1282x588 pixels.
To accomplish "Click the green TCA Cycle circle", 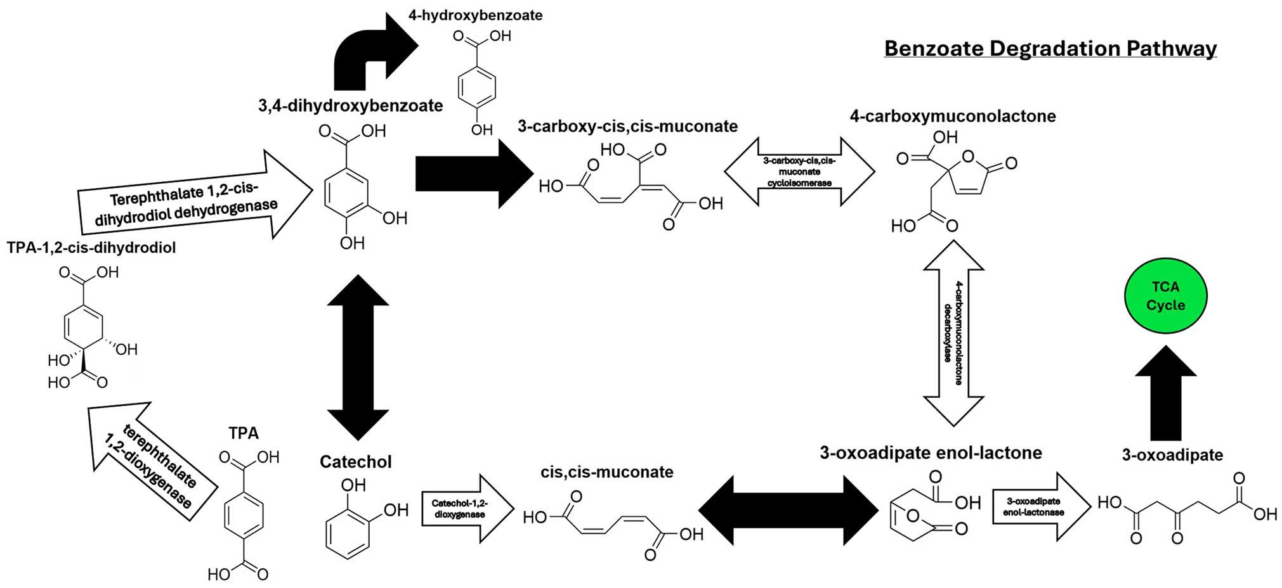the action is [x=1165, y=296].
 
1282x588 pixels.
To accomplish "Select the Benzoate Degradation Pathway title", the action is [x=1050, y=49].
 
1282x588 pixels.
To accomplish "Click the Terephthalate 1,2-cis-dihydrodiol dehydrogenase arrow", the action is [x=195, y=195].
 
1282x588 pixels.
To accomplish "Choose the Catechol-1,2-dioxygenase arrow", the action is [x=468, y=508].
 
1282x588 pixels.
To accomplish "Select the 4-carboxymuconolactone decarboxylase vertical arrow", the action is [x=953, y=333].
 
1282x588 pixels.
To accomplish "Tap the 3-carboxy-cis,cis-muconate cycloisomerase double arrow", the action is [x=799, y=171].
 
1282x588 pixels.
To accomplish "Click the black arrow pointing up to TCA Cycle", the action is [x=1165, y=393].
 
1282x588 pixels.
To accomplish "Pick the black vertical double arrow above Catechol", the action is [x=358, y=357].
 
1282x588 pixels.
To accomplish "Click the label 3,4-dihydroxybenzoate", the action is [x=350, y=105].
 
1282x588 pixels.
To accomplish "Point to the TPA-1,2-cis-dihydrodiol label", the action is [x=91, y=248].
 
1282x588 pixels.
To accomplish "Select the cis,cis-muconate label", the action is [x=607, y=472].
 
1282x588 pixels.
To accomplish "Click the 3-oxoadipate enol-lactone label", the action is [x=931, y=452].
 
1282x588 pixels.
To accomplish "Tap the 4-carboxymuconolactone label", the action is [x=953, y=116].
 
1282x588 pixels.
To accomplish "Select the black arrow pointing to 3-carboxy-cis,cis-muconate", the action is [x=474, y=173].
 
